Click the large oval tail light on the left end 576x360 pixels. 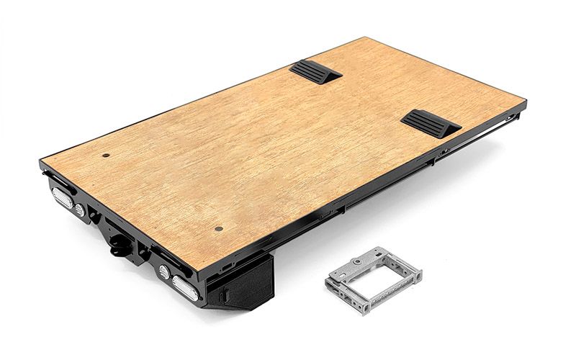61,197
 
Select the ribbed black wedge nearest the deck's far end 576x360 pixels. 315,71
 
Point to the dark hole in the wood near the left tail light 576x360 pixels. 107,155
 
